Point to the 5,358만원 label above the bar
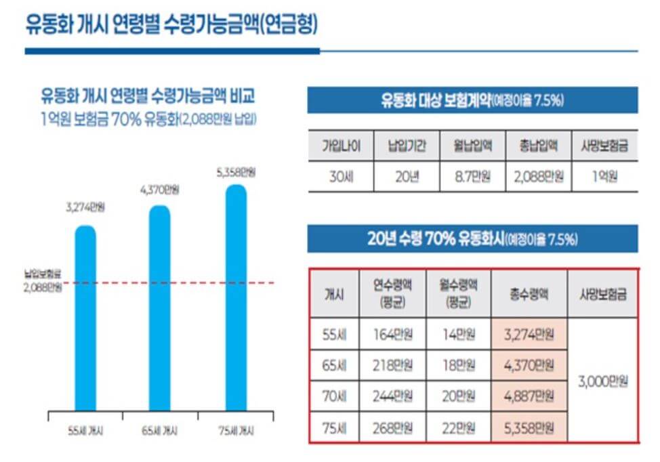236,173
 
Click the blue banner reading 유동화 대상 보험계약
472,100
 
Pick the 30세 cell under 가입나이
341,177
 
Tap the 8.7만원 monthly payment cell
472,177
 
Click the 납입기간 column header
407,145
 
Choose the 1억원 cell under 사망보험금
604,177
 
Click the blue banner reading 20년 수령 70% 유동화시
472,238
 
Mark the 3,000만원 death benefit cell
602,381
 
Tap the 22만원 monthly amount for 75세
458,428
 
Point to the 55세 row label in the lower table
334,334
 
